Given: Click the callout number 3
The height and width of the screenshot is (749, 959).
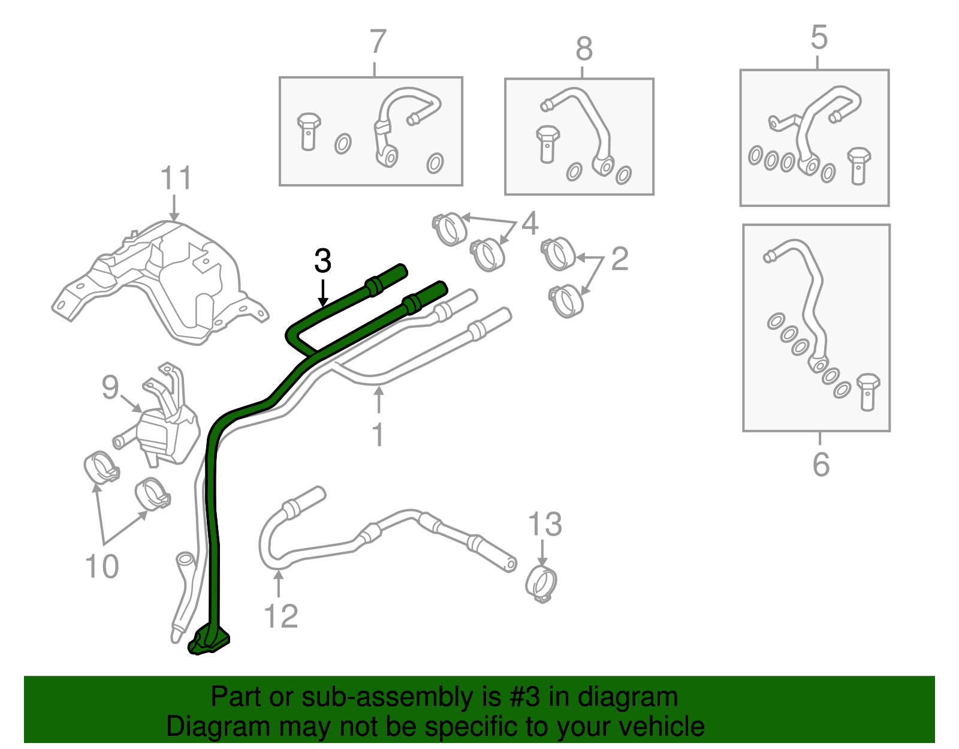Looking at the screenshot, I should (322, 261).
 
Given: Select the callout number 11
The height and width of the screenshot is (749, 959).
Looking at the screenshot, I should (176, 178).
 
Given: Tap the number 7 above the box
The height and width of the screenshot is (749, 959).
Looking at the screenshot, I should (378, 42).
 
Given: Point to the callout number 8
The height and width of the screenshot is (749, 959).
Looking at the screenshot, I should (584, 49).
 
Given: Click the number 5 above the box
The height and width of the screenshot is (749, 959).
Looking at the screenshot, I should (819, 37).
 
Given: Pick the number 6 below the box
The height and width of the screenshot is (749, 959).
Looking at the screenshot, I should (821, 465).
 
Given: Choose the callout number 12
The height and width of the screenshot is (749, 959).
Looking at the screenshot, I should (281, 616).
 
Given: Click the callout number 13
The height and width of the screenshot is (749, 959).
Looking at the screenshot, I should (545, 524).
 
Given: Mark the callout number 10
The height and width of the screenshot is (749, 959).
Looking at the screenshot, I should (102, 566).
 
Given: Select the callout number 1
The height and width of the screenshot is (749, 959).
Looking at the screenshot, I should (378, 435).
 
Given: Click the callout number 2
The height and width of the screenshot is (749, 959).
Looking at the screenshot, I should (620, 258).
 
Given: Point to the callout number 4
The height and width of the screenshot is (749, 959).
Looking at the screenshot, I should (530, 222).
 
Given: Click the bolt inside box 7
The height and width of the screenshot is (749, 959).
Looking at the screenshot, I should (308, 130).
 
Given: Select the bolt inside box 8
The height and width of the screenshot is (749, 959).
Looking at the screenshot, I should (547, 143).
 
